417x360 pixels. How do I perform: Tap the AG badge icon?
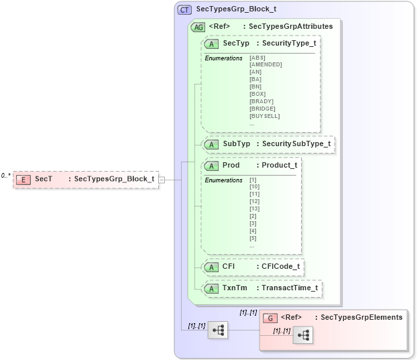click(x=198, y=27)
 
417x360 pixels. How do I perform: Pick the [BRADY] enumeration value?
click(x=261, y=101)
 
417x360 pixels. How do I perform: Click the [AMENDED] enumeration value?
click(x=265, y=64)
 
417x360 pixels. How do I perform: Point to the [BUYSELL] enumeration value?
click(x=264, y=116)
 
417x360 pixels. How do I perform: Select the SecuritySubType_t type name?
click(x=296, y=144)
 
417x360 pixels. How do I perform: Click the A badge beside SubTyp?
click(x=211, y=144)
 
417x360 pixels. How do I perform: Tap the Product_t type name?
click(x=279, y=165)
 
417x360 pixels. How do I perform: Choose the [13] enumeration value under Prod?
click(x=254, y=208)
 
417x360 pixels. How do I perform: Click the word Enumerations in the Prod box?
click(x=224, y=180)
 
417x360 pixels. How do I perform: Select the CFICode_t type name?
click(x=280, y=267)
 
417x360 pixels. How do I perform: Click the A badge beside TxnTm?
click(x=211, y=288)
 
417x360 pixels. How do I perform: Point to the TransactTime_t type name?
click(x=290, y=288)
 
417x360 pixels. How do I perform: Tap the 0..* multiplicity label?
click(x=5, y=175)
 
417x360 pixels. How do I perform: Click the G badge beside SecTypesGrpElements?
click(x=271, y=318)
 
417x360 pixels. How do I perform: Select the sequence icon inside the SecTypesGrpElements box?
click(x=303, y=336)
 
